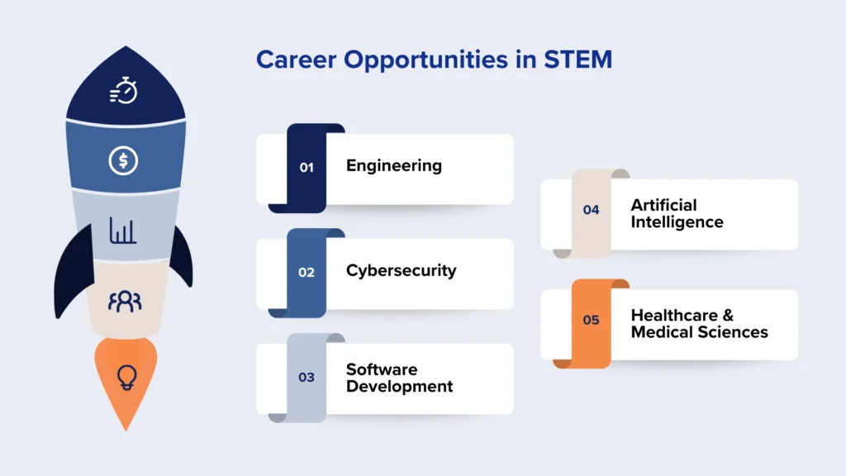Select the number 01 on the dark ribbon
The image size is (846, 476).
307,167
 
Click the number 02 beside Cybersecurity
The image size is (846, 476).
307,272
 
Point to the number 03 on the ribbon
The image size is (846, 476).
307,377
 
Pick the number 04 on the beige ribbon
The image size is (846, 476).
591,210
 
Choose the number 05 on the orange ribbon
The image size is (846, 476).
591,320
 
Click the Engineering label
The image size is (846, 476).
393,165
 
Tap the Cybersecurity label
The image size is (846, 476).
401,270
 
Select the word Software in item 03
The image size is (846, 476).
382,369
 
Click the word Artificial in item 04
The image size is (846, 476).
663,205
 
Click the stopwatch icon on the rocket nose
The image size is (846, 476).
124,90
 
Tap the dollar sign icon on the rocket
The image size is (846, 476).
123,160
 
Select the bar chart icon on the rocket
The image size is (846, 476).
123,231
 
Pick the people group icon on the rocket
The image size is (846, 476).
125,301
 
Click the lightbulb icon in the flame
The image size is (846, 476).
126,376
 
